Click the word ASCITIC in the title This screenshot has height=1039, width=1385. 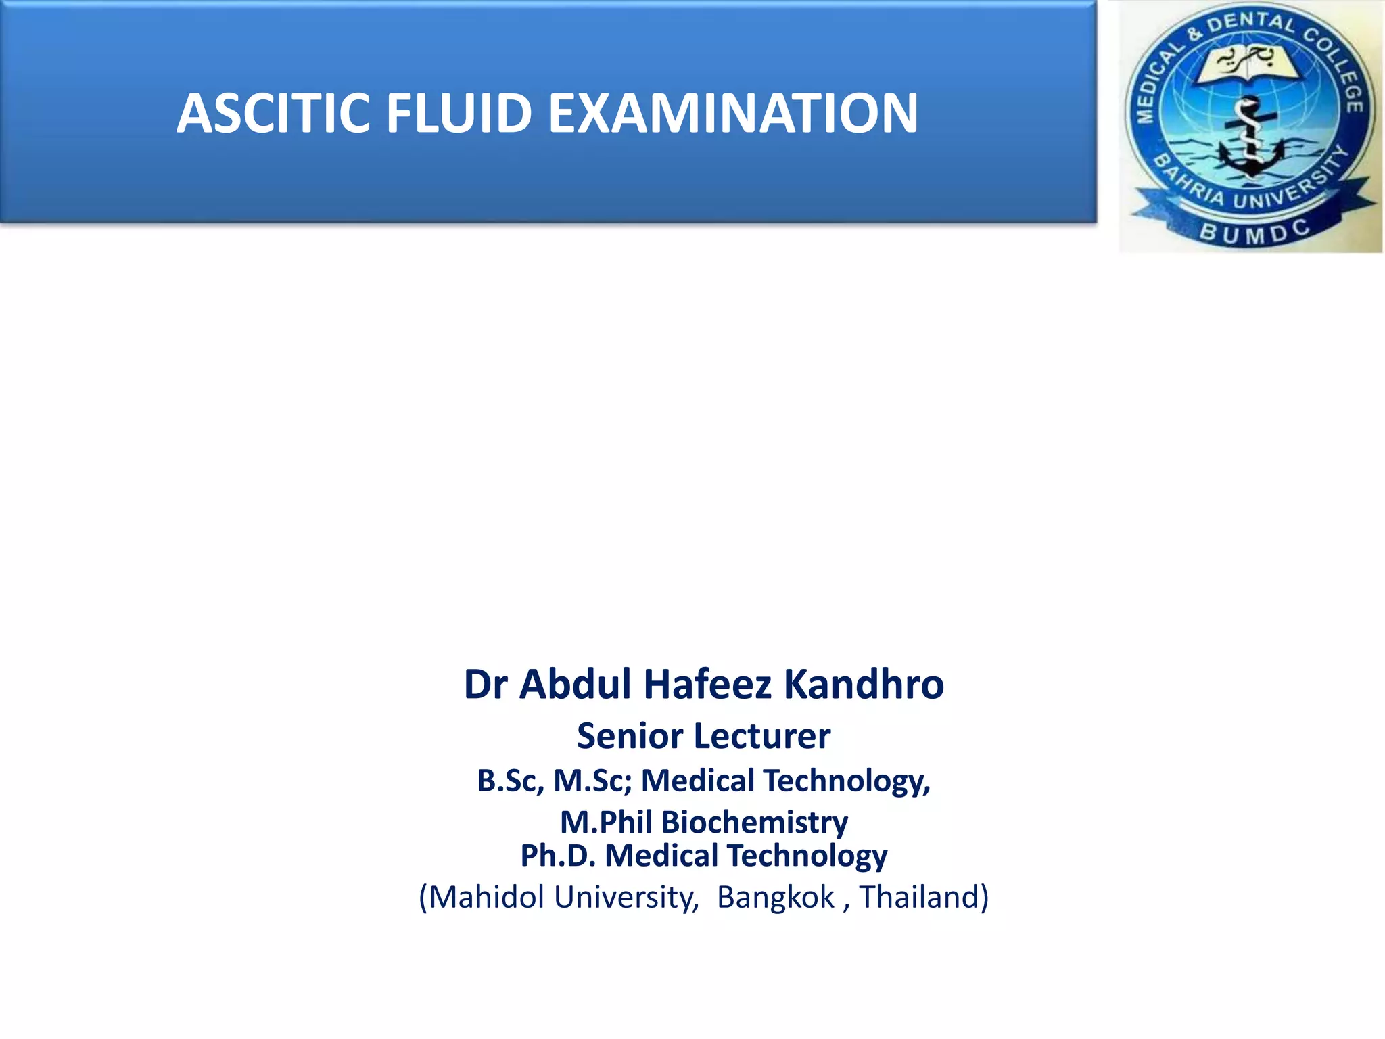[273, 113]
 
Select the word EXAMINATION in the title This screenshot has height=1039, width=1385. [733, 113]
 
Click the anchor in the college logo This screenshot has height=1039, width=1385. [1250, 142]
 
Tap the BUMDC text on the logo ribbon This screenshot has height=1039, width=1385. [1254, 232]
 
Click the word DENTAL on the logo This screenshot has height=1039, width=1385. [1252, 25]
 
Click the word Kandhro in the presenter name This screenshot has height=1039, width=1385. [864, 684]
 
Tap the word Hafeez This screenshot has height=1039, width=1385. [707, 684]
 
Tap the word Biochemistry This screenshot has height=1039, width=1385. [755, 823]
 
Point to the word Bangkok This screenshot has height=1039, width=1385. [776, 898]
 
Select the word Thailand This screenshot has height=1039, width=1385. [920, 898]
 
